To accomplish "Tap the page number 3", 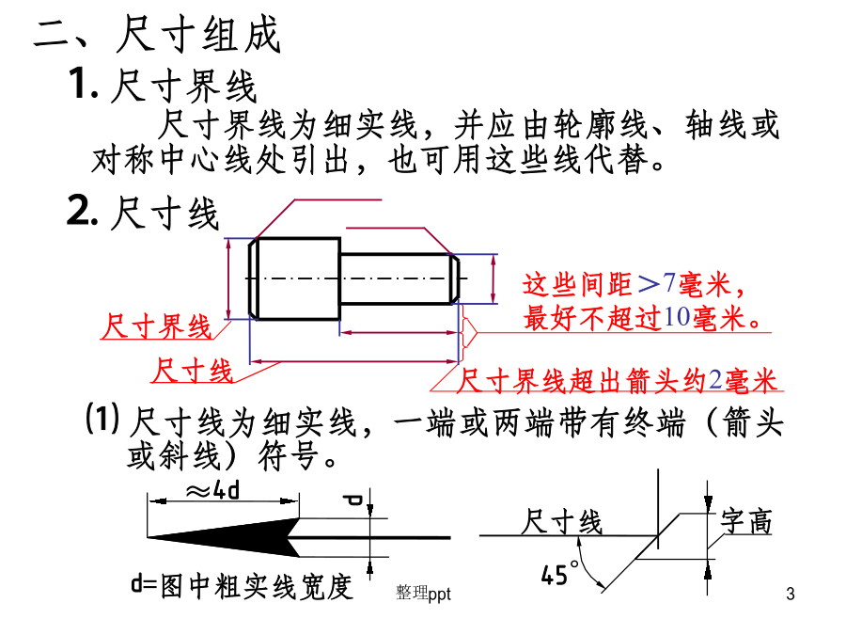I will (789, 594).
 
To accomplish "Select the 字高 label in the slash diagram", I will (746, 520).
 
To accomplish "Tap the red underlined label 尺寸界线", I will (157, 327).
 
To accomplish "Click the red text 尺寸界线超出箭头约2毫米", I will (617, 381).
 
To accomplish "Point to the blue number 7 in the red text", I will (670, 283).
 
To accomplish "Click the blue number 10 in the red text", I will (677, 318).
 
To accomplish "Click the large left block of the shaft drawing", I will (297, 278).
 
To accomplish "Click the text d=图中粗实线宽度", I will (242, 587).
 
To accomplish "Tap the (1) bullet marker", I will (102, 419).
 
